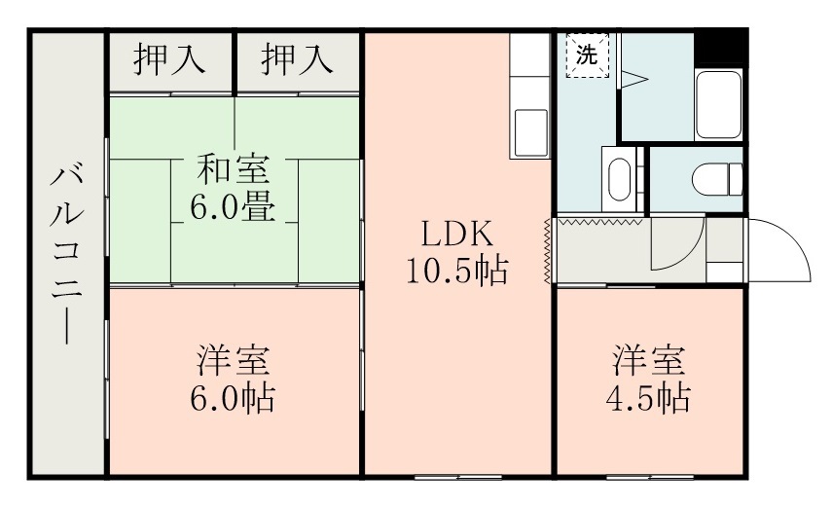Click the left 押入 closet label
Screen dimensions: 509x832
[169, 60]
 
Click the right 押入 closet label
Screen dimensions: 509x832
[298, 60]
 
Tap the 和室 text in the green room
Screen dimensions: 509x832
[234, 168]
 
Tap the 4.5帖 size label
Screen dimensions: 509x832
[650, 397]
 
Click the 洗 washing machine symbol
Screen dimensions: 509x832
[586, 55]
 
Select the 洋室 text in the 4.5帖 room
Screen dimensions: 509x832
[650, 361]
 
